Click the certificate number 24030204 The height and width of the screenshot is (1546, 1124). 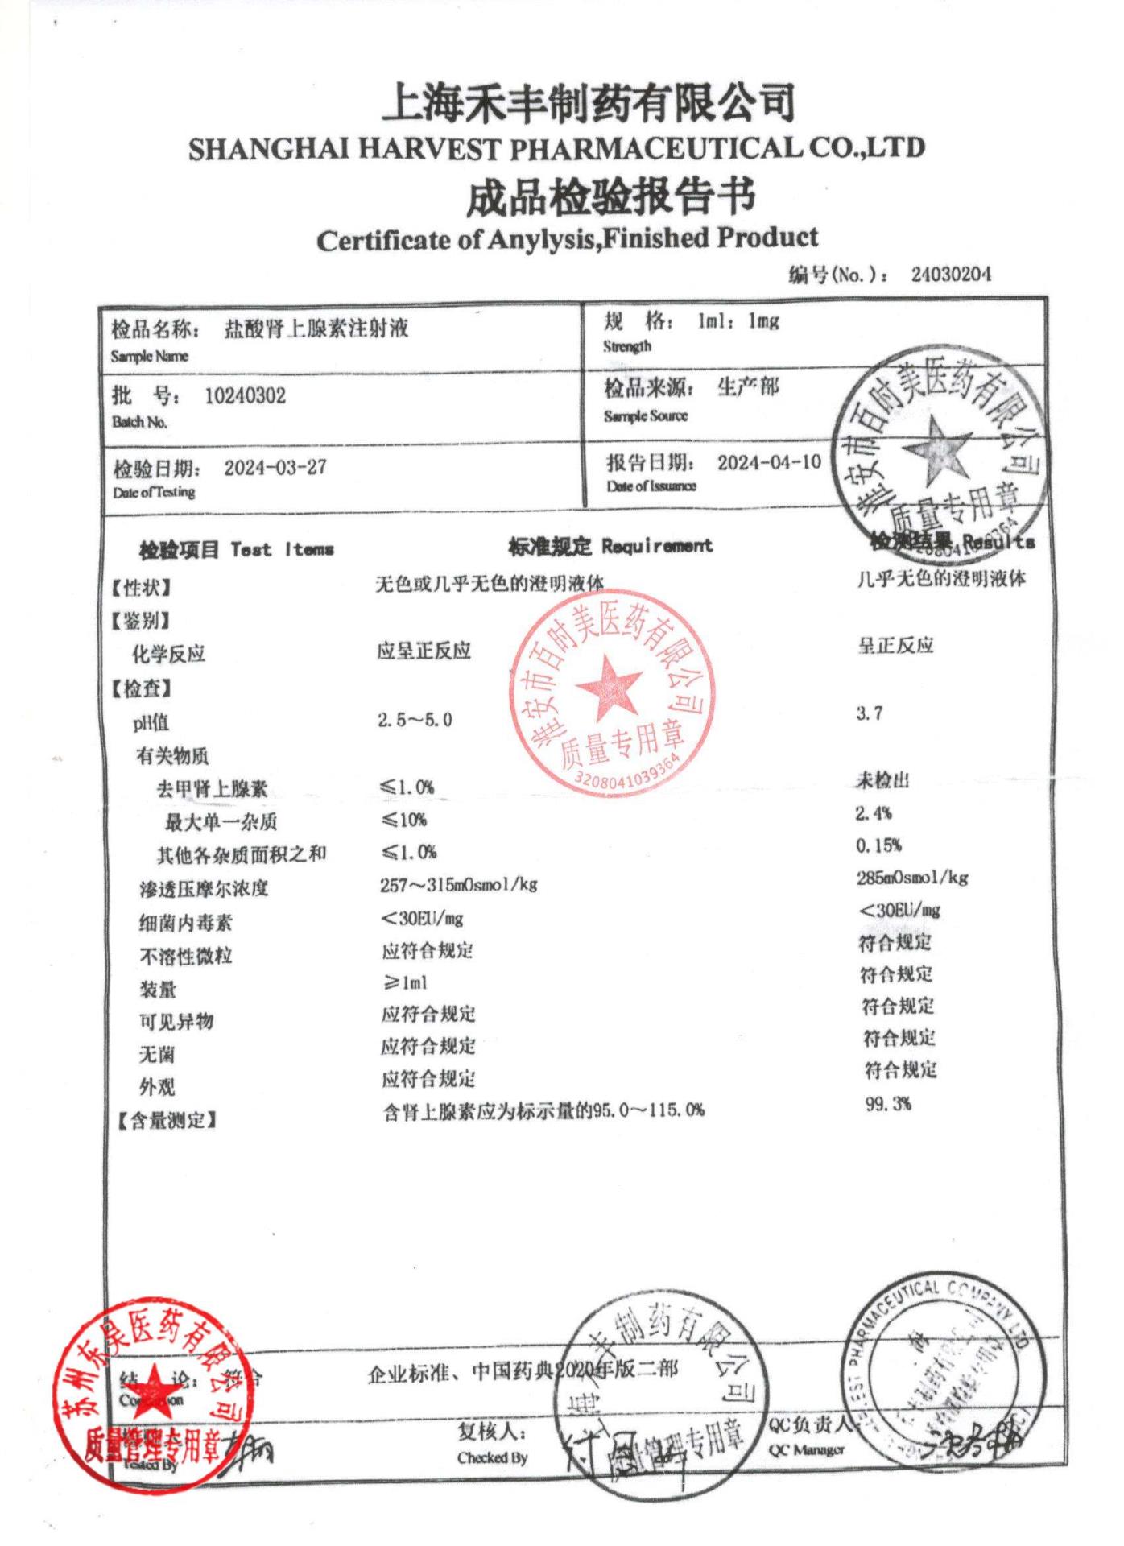point(951,275)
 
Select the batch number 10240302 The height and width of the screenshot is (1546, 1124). point(245,395)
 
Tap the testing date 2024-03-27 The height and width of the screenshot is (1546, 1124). point(275,468)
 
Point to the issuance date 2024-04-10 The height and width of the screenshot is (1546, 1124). point(769,462)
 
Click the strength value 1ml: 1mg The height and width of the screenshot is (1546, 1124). point(738,321)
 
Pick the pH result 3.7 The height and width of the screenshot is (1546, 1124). point(869,713)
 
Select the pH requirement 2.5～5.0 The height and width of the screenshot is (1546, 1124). point(415,720)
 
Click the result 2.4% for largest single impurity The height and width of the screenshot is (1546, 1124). point(873,813)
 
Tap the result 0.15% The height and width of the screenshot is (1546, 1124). point(878,845)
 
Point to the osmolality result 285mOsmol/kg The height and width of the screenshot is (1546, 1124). point(912,878)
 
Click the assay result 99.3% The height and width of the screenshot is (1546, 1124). point(888,1104)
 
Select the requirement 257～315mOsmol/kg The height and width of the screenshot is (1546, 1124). point(458,885)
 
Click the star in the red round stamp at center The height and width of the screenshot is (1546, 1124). point(609,687)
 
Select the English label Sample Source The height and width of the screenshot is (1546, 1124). point(646,416)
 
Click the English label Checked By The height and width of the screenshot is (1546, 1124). point(492,1458)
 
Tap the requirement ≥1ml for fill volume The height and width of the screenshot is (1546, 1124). point(405,982)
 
